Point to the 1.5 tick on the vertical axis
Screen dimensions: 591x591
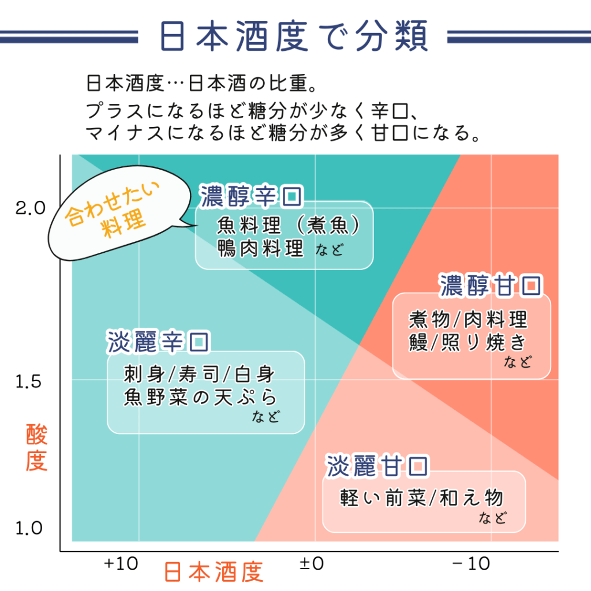(28, 381)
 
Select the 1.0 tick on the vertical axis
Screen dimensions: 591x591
(28, 528)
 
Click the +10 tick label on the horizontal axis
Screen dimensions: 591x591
(121, 564)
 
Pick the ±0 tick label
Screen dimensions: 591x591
(312, 564)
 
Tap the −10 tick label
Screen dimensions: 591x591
(471, 564)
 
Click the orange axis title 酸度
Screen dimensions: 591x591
(36, 449)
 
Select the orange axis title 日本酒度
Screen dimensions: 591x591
(214, 572)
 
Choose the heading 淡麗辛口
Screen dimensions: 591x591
(158, 342)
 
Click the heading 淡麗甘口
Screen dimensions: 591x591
(378, 466)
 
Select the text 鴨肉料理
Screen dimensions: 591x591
(260, 249)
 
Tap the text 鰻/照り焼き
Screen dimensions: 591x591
(467, 342)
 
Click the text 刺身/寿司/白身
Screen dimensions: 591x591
(199, 375)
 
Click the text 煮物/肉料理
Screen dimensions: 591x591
(468, 319)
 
